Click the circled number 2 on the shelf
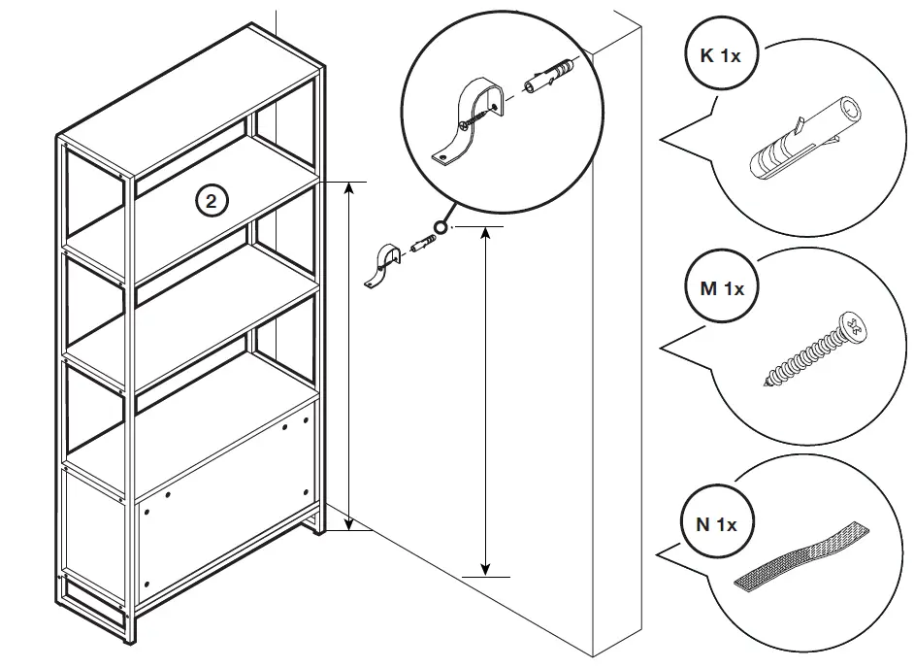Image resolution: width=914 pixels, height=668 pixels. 212,201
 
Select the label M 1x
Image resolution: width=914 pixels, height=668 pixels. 721,288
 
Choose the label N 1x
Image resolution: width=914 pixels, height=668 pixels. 717,525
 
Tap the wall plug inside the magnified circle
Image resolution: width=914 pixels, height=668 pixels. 549,76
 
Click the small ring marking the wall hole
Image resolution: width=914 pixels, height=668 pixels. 441,227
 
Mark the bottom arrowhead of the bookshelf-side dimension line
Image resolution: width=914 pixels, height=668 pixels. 347,525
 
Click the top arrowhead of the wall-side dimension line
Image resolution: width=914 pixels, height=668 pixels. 484,233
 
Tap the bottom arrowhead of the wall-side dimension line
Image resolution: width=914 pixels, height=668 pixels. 484,570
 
